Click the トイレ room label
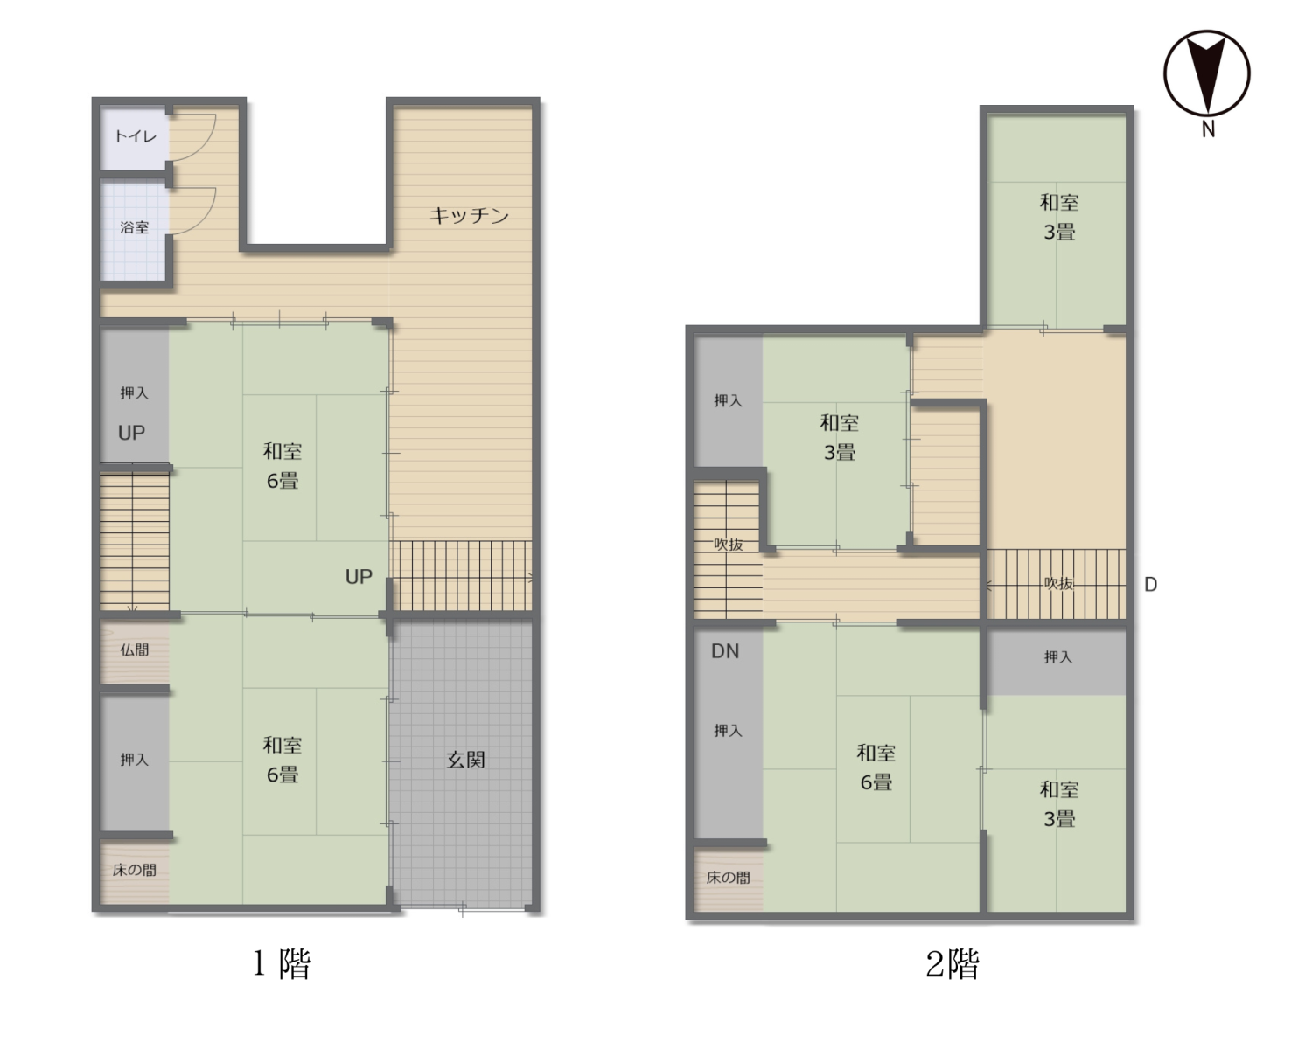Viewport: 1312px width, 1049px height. point(136,135)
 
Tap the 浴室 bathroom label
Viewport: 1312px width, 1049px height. point(134,227)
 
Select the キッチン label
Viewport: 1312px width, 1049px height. point(469,215)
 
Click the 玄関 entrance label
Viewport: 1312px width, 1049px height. point(466,760)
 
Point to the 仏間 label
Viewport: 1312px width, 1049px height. point(134,650)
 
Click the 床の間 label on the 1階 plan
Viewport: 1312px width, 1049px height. point(134,870)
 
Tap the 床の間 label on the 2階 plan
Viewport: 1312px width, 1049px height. point(728,877)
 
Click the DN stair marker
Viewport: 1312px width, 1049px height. point(725,651)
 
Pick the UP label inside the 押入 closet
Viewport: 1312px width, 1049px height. point(131,433)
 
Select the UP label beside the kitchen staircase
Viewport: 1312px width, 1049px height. point(359,577)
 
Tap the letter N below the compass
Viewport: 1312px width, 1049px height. point(1209,129)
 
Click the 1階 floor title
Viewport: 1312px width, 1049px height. point(282,963)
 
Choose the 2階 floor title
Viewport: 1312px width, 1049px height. point(953,963)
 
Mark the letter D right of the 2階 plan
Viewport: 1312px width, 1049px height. point(1150,585)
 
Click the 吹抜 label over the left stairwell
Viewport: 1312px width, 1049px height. point(728,545)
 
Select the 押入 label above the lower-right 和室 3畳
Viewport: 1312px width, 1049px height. point(1057,656)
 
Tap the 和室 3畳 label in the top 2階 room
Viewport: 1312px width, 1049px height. point(1059,217)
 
